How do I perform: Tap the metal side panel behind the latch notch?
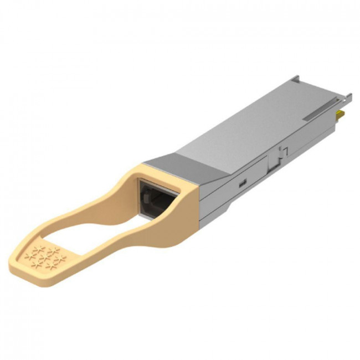(x=310, y=138)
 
